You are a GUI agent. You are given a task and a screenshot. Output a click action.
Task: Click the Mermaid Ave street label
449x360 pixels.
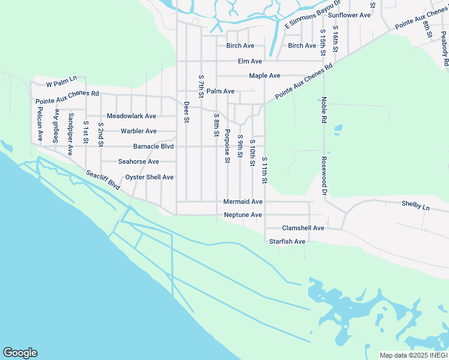pos(243,202)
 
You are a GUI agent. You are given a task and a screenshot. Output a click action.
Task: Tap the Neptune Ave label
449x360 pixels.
pos(243,215)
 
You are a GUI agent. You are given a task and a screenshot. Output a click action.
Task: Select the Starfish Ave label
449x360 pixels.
pos(288,241)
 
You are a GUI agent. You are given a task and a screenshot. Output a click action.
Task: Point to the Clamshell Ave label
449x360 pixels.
pos(303,229)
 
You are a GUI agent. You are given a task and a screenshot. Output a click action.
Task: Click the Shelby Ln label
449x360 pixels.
pos(416,205)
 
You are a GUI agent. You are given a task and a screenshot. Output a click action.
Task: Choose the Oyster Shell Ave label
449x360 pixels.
pos(149,178)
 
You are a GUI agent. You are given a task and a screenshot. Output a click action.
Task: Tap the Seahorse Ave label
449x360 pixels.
pos(139,162)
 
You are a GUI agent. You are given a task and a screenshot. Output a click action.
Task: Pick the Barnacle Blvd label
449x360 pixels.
pos(153,146)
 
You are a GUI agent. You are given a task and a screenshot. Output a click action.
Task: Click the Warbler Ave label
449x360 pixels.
pos(139,131)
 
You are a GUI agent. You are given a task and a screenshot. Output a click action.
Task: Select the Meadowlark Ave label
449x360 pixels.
pos(131,116)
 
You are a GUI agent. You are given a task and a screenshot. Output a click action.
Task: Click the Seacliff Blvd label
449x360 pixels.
pos(103,180)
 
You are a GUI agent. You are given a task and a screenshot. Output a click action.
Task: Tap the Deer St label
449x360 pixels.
pos(187,112)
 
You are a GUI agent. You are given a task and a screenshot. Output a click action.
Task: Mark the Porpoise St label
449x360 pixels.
pos(227,146)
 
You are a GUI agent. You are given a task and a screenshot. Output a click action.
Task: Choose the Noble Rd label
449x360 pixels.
pos(324,110)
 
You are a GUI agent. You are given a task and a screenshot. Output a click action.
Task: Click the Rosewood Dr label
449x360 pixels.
pos(324,177)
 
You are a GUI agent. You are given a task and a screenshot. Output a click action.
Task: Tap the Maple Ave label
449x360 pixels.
pos(265,76)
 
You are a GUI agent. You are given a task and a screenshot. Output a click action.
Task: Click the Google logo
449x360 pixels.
pos(20,353)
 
